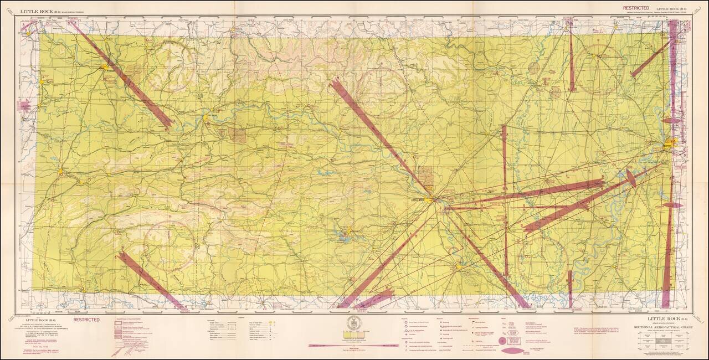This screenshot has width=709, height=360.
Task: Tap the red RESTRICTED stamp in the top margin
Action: tap(636, 8)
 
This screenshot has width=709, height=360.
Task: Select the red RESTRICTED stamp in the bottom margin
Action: tap(86, 320)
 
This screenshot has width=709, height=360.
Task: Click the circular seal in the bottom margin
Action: tap(352, 322)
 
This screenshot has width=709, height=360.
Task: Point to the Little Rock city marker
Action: tap(431, 200)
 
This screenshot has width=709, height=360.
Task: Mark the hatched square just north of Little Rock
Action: tap(425, 177)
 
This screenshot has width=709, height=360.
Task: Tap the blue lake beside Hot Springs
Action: tap(340, 239)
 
